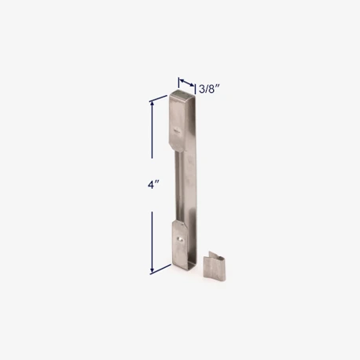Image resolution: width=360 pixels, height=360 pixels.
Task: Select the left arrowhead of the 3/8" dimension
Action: point(180,79)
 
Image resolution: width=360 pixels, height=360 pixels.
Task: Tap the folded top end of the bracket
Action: point(183,96)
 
